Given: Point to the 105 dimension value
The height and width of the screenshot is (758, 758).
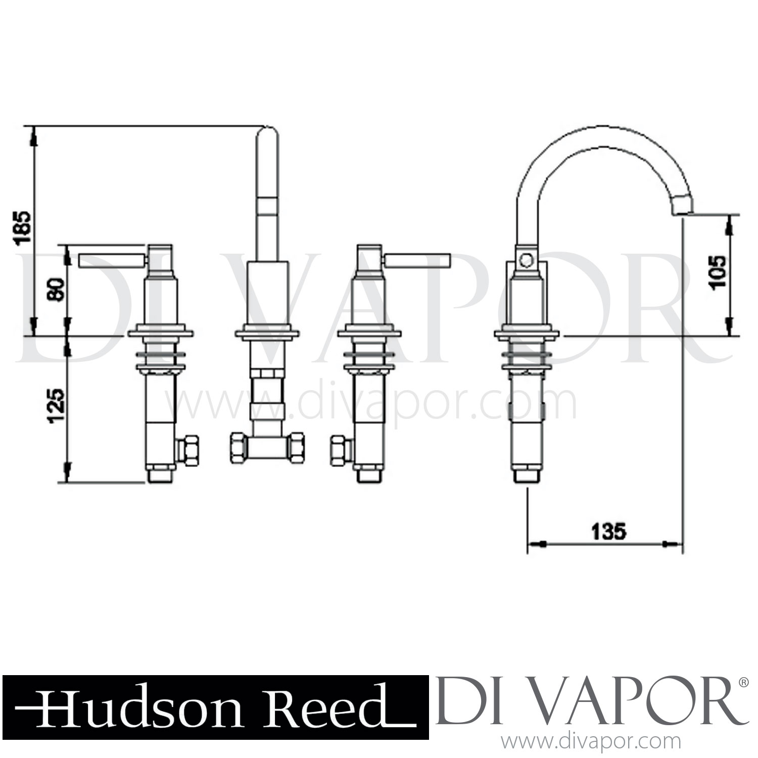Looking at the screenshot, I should click(717, 271).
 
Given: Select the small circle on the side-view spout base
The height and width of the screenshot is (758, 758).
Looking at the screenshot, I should click(526, 261).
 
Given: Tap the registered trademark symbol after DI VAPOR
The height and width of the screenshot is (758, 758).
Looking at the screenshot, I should click(743, 682).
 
